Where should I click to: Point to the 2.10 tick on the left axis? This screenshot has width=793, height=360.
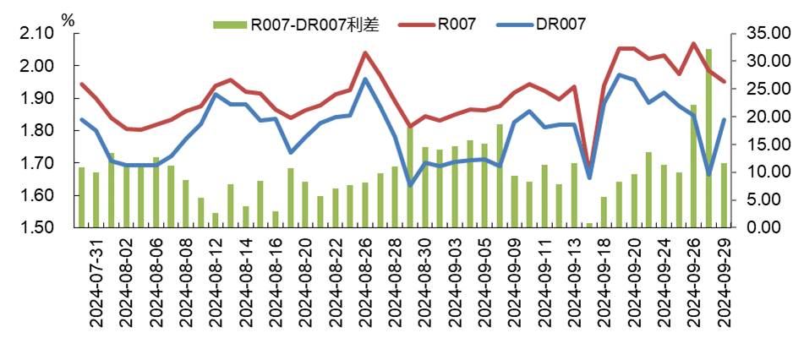[37, 33]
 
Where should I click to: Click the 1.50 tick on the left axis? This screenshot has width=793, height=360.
[37, 228]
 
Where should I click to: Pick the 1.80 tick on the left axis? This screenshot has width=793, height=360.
[37, 131]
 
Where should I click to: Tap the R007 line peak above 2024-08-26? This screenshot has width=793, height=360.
[365, 53]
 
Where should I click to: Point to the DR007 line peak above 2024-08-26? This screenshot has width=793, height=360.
[365, 79]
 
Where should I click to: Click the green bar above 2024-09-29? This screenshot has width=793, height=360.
[724, 195]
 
